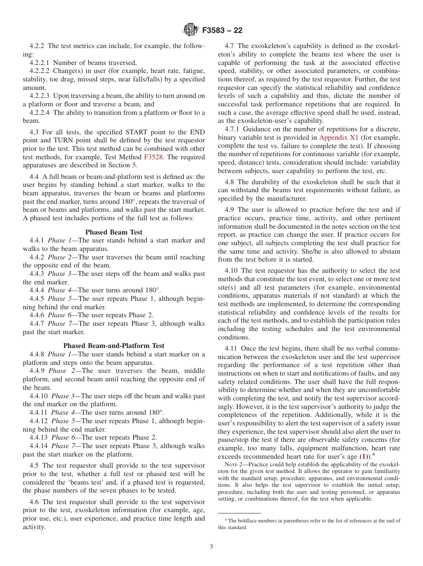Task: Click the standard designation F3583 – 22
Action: point(222,31)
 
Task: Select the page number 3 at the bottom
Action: point(211,546)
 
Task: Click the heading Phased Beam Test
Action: point(114,232)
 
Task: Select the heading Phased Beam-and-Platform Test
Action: point(114,346)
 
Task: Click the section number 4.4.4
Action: point(38,290)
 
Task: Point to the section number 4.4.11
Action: point(40,412)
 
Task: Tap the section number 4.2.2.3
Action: point(41,96)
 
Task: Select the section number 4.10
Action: point(232,271)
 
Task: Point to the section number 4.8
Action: point(231,182)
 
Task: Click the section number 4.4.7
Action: point(38,323)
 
